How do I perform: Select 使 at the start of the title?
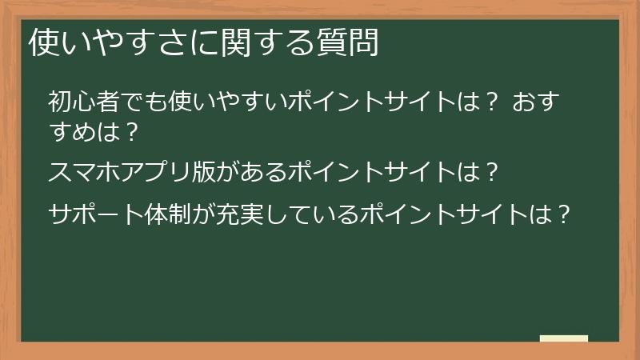click(x=42, y=43)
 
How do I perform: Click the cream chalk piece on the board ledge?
click(x=564, y=338)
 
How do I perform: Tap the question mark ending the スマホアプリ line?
click(x=493, y=170)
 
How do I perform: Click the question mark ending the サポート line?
click(x=564, y=215)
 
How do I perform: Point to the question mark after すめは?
click(x=134, y=129)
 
